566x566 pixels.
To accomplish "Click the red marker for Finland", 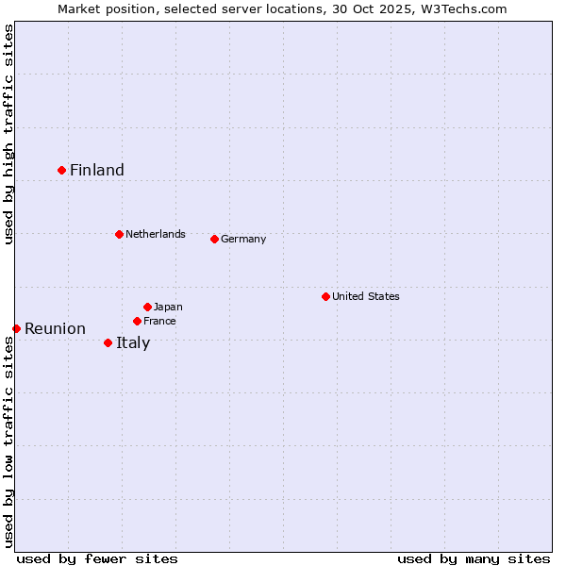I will click(x=62, y=170).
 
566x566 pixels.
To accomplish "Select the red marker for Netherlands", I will click(x=119, y=234).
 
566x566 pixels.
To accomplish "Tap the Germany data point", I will click(x=214, y=239).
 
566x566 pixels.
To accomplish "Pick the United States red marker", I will click(x=325, y=296).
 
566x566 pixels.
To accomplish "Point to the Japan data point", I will click(x=147, y=307).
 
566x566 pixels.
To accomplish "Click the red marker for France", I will click(x=137, y=321).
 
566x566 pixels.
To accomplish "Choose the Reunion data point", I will click(x=17, y=328).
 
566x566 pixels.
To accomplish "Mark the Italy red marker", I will click(x=108, y=342).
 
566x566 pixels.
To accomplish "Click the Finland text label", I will click(x=97, y=170).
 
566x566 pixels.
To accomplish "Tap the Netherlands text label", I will click(x=156, y=234).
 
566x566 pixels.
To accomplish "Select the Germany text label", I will click(x=243, y=239).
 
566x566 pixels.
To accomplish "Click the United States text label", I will click(x=366, y=296).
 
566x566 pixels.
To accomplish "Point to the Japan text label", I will click(x=168, y=307).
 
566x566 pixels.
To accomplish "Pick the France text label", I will click(x=159, y=321).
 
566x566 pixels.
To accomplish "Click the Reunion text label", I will click(x=55, y=328).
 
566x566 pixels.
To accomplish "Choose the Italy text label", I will click(x=133, y=342).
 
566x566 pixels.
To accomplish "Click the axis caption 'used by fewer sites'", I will click(x=97, y=558).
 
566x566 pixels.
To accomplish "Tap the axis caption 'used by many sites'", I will click(x=474, y=558).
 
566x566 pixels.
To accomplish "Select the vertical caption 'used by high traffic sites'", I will click(x=9, y=134).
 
